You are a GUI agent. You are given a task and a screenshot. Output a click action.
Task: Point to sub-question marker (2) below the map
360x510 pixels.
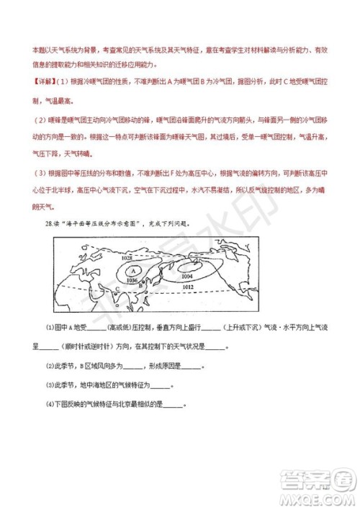[50, 365]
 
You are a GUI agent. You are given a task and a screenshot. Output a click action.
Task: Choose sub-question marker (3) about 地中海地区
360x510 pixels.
[50, 384]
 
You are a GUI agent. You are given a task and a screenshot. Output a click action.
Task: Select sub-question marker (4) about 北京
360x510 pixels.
[50, 403]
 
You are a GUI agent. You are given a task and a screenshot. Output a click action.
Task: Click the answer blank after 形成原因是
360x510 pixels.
[192, 365]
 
